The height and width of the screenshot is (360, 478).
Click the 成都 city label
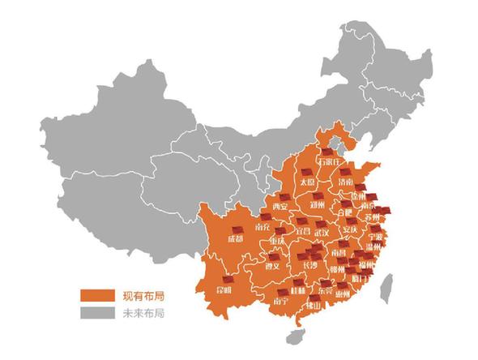tap(235, 239)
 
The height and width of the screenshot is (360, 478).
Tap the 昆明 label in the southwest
tap(222, 289)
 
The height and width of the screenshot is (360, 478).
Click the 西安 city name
tap(280, 208)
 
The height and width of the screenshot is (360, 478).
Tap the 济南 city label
tap(344, 183)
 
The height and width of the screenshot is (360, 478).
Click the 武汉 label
tap(322, 234)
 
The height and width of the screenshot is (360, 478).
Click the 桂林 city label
tap(297, 289)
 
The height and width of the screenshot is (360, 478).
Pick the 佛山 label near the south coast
tap(314, 306)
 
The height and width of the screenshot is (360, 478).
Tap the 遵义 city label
tap(272, 265)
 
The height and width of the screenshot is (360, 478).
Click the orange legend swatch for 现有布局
tap(95, 295)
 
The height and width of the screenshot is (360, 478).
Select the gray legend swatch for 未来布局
tap(95, 311)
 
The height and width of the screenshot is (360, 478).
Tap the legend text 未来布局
tap(137, 311)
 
